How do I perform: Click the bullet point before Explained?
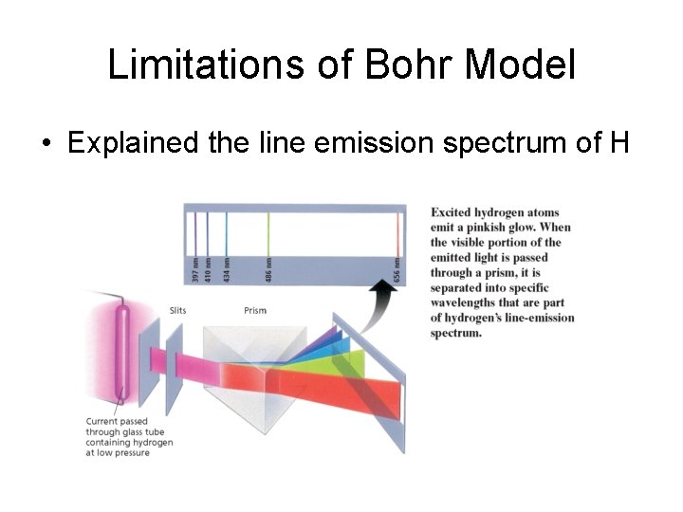(46, 144)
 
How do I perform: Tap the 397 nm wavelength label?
(195, 268)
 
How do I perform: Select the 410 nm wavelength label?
(208, 268)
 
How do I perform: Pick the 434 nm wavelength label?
(226, 268)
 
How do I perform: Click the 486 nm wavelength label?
(268, 268)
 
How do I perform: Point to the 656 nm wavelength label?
(397, 268)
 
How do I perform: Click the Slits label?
(177, 310)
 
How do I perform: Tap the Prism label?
(255, 310)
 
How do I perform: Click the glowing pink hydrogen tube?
(120, 351)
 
